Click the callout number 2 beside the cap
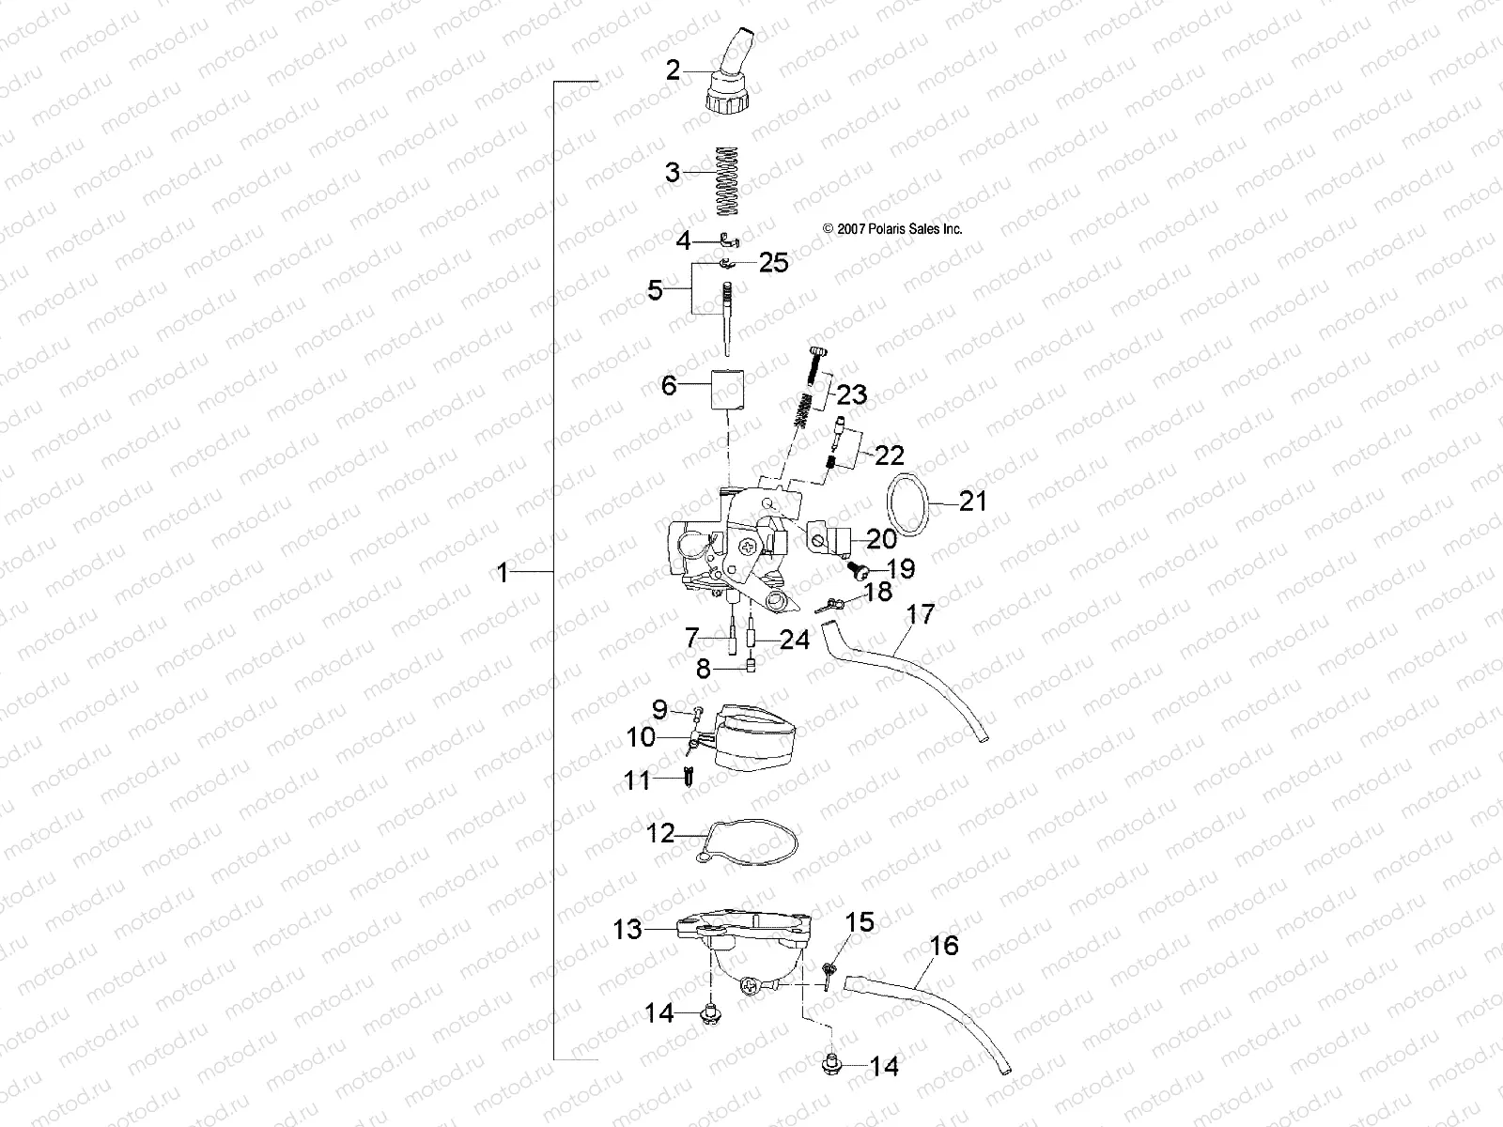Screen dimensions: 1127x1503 coord(672,69)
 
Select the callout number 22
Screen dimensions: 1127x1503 coord(889,455)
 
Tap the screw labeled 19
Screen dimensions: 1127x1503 coord(858,569)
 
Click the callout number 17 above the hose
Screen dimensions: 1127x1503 coord(922,615)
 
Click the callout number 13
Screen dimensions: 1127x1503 coord(628,930)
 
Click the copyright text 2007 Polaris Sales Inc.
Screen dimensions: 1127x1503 coord(891,228)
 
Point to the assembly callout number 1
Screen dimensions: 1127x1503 coord(503,572)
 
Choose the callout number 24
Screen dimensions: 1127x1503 coord(795,640)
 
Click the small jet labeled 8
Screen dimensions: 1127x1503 coord(751,668)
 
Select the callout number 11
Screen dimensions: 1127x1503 coord(638,780)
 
